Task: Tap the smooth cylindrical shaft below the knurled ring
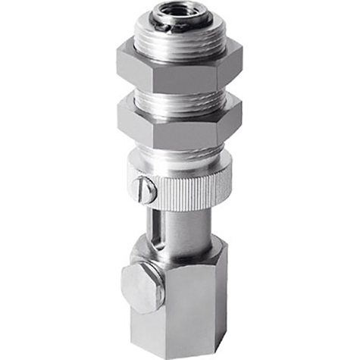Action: [x=189, y=224]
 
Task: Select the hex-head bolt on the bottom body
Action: [x=141, y=287]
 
